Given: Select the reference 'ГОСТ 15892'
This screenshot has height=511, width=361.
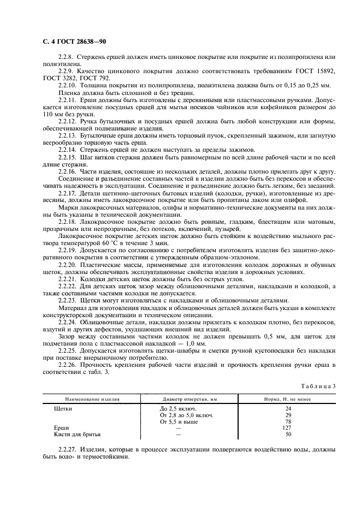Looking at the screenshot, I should pos(312,72).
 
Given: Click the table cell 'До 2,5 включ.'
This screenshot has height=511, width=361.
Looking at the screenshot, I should pos(178,408).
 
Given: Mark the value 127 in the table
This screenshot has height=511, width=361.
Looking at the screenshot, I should pos(288,427).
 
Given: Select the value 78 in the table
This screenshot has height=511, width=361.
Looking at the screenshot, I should pos(288,421).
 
